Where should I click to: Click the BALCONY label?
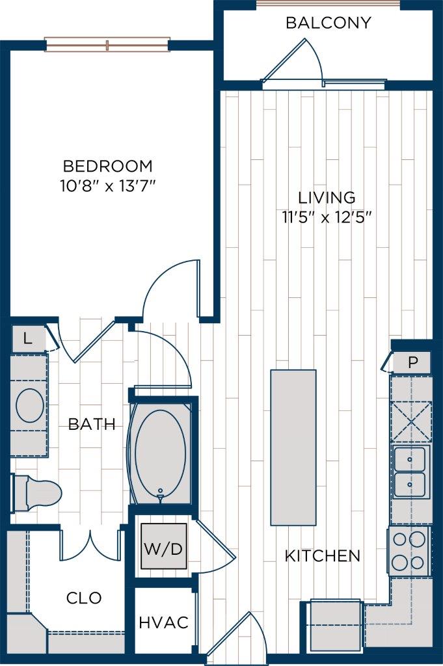coord(328,23)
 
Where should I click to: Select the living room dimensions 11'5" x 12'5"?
coord(327,217)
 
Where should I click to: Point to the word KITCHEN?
coord(322,555)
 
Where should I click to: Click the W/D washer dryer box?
coord(163,547)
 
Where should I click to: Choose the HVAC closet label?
coord(163,622)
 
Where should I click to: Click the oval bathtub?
coord(160,455)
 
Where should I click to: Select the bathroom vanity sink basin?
coord(30,406)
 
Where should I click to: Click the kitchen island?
coord(293,447)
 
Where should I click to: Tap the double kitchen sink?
coord(410,472)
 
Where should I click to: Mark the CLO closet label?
coord(85,597)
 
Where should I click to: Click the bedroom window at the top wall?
coord(107,45)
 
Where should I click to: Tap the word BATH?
coord(92,425)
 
